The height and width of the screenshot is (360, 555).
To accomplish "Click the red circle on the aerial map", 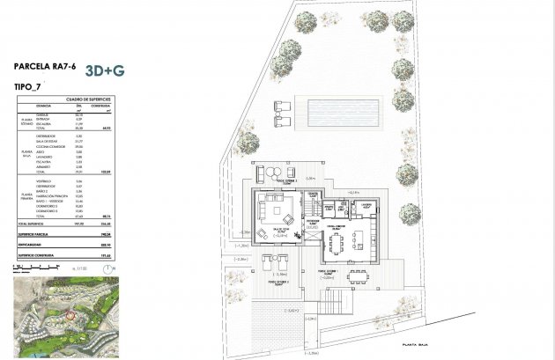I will coord(71,314).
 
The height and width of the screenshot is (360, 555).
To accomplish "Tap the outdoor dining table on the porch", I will coord(359,276).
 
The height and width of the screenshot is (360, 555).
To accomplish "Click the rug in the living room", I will coord(283,213).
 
